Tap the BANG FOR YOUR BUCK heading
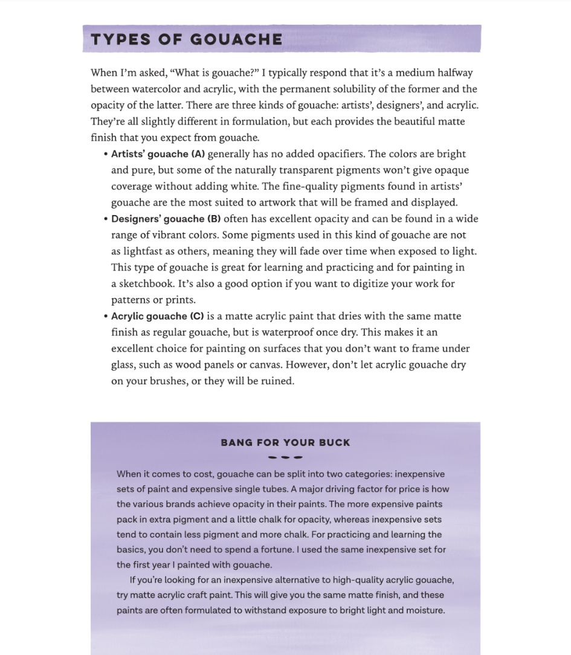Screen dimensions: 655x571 point(285,443)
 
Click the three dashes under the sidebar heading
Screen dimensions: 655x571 point(285,457)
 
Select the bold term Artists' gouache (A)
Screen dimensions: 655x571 point(158,154)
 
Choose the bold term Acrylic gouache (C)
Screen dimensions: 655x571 point(158,316)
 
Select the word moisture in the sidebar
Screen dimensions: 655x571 point(423,610)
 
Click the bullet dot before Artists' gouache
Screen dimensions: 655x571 point(106,154)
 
